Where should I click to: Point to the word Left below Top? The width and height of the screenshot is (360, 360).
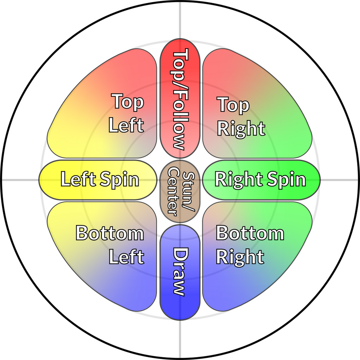click(126, 125)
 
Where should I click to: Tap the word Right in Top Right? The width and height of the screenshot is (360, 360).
click(241, 129)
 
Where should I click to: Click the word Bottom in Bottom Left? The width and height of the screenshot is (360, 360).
click(110, 234)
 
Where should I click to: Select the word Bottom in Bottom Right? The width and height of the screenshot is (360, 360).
click(250, 234)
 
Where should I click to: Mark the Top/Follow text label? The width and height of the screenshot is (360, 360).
click(179, 99)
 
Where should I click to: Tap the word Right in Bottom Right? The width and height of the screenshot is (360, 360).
click(240, 257)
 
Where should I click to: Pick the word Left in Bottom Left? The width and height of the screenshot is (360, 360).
click(126, 257)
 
